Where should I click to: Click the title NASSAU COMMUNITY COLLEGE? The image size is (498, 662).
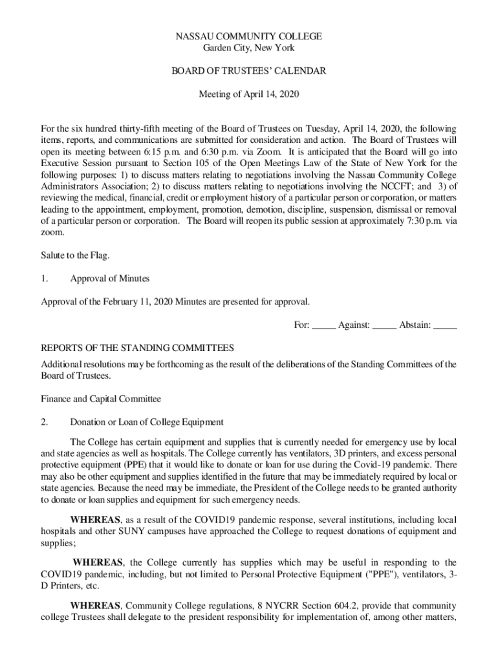[249, 36]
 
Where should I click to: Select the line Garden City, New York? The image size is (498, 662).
[249, 48]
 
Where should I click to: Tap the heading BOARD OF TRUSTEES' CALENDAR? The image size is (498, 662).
[249, 71]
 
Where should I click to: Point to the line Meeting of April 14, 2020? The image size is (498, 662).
[249, 94]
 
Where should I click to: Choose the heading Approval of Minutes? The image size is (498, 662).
[109, 279]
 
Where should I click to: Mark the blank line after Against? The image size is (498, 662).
[384, 325]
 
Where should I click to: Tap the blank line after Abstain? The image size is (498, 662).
[445, 325]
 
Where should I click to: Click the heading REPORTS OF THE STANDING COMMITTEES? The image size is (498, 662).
[137, 348]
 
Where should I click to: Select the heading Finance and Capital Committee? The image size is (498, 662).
[101, 399]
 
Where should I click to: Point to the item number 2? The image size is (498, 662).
[45, 422]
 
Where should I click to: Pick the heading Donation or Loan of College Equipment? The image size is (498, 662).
[147, 422]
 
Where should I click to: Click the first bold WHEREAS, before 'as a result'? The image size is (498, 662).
[95, 520]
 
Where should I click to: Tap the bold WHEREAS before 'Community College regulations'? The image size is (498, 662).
[95, 606]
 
